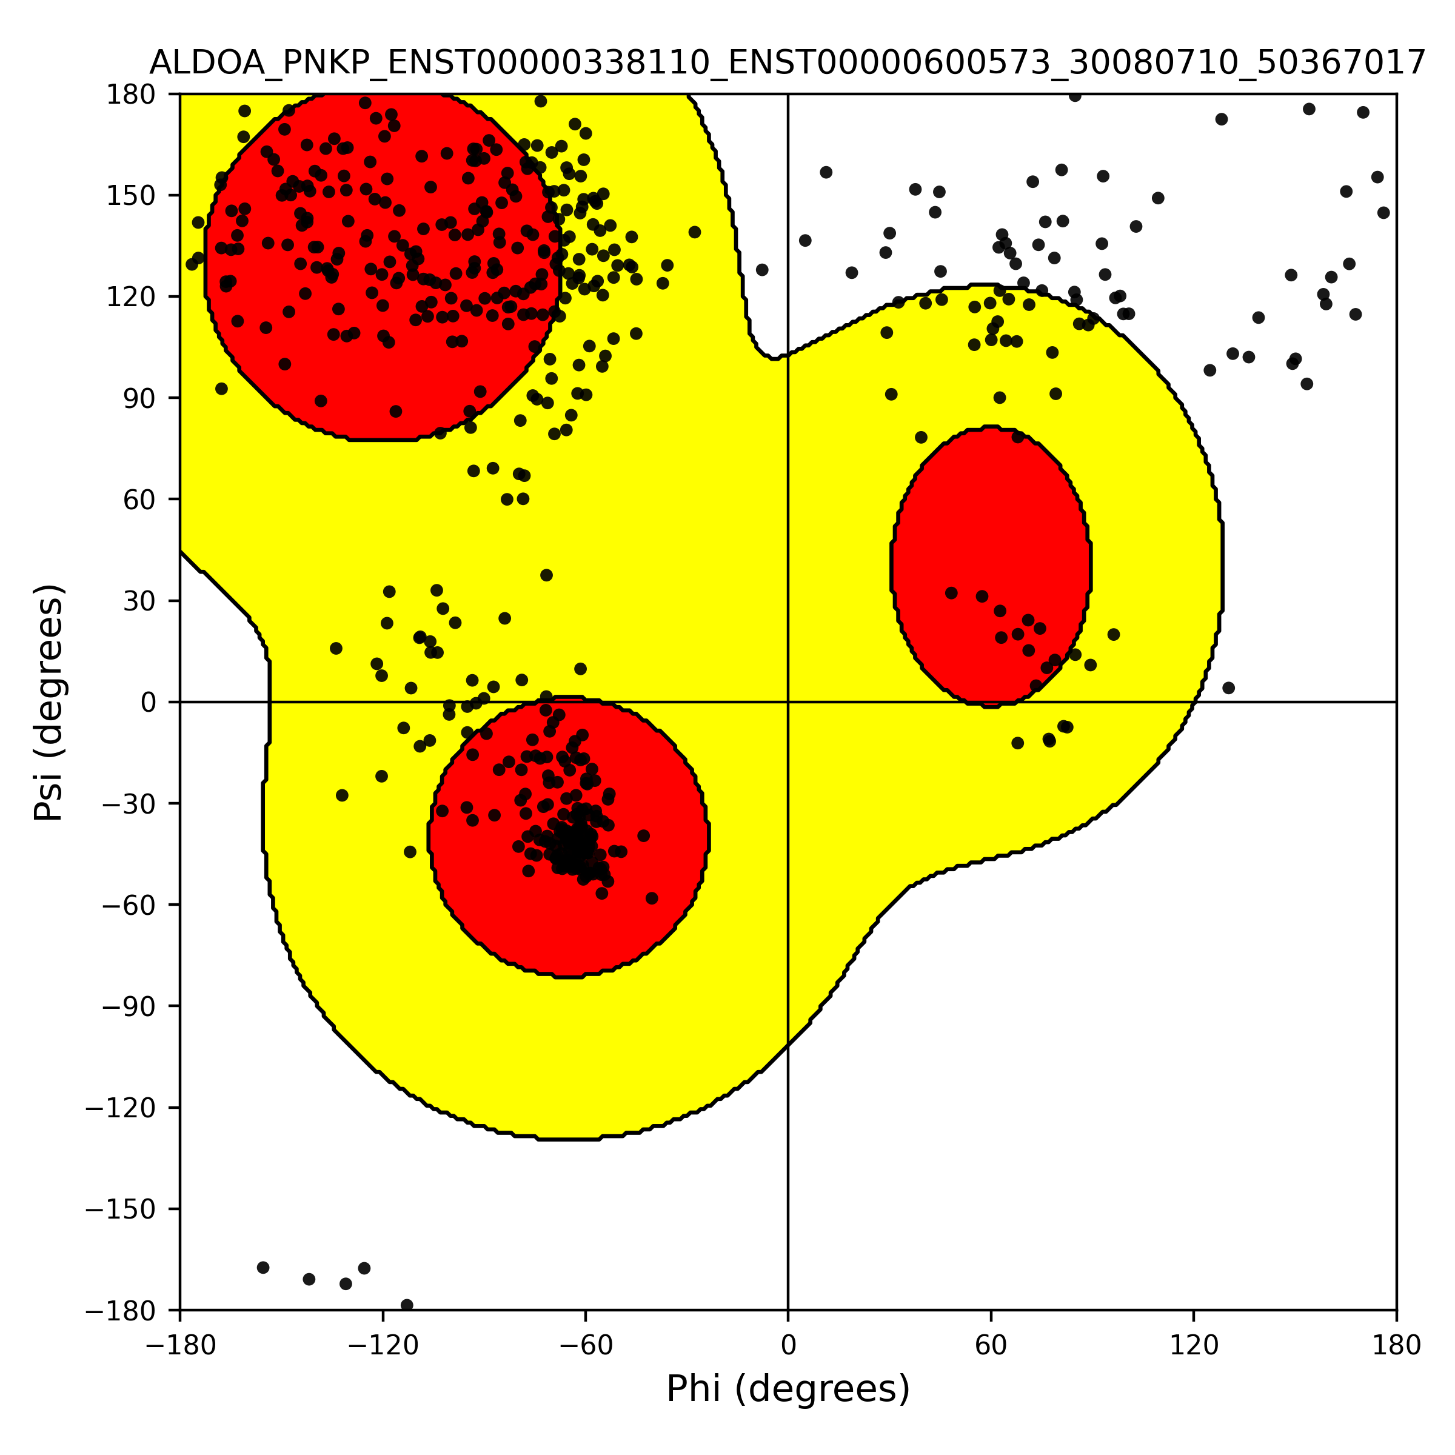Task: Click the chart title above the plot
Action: click(x=788, y=63)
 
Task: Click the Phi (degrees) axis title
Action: click(x=788, y=1389)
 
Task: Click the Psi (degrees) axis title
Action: click(x=50, y=703)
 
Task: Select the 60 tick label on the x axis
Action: click(x=991, y=1346)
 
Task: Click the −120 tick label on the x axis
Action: click(x=383, y=1346)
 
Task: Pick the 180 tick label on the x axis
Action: click(x=1397, y=1346)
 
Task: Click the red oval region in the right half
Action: click(x=991, y=566)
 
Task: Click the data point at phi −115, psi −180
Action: click(x=407, y=1305)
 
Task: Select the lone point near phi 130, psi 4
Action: click(x=1228, y=687)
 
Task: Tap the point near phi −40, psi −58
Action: click(x=652, y=898)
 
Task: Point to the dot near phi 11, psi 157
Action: click(x=826, y=172)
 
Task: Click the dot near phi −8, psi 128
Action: click(x=762, y=270)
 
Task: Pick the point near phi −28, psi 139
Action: click(x=694, y=232)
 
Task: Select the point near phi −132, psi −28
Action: click(x=342, y=795)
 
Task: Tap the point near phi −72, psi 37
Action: click(x=547, y=575)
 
